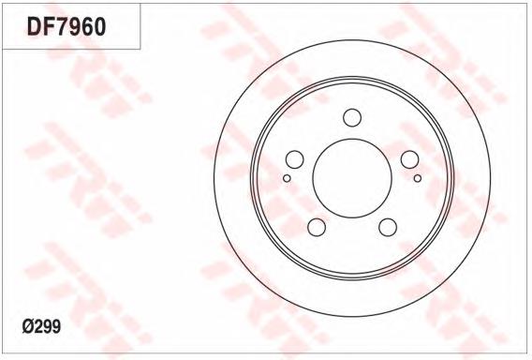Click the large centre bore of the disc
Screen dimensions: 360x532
pos(351,180)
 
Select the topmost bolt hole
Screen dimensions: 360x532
pos(352,117)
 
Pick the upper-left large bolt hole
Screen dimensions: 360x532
pos(293,159)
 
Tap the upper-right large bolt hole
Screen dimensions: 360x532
pos(410,159)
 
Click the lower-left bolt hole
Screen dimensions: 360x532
pos(316,228)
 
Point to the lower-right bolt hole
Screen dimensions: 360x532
pos(388,228)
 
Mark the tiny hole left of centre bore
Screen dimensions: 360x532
pos(287,176)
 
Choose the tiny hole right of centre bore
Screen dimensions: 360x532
pos(418,176)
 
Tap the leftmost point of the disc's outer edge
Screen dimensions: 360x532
pos(214,180)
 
